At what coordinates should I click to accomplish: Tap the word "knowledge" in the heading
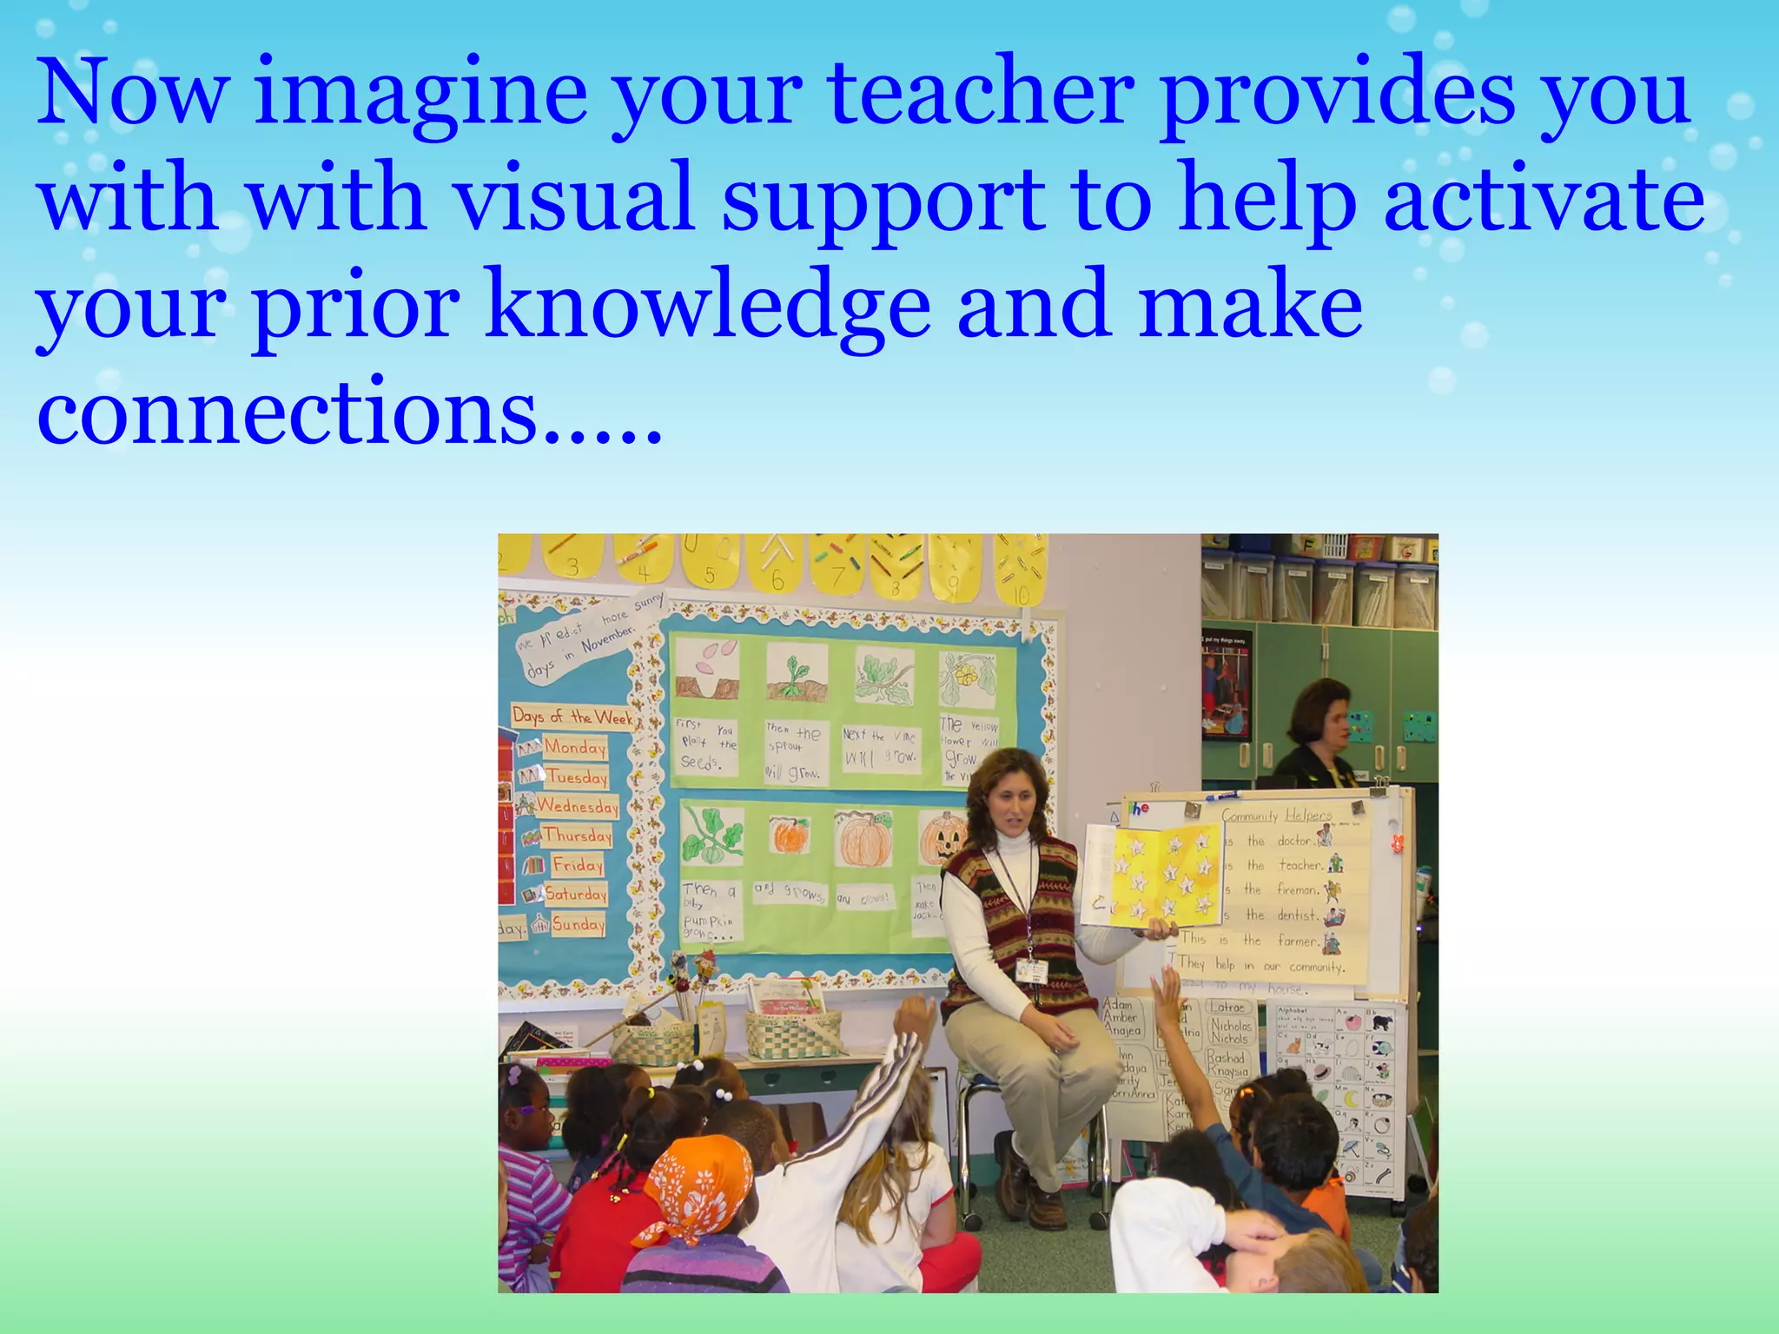pyautogui.click(x=708, y=307)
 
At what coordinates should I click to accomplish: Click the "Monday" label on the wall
pyautogui.click(x=574, y=747)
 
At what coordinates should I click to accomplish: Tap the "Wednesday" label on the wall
pyautogui.click(x=577, y=806)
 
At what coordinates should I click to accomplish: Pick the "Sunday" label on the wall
pyautogui.click(x=578, y=924)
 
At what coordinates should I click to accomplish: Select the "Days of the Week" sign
pyautogui.click(x=572, y=717)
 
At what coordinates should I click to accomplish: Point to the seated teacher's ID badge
pyautogui.click(x=1031, y=970)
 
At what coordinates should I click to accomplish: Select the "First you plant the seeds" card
pyautogui.click(x=705, y=745)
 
